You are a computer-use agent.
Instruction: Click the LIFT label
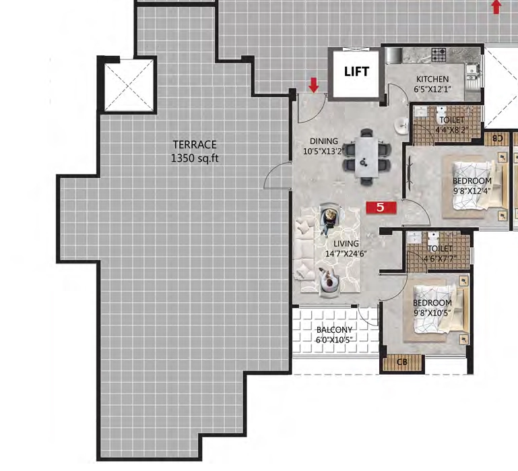point(356,71)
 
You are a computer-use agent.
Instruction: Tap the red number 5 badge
point(381,208)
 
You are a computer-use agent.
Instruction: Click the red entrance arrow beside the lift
point(313,85)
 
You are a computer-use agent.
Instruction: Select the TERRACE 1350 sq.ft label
point(195,152)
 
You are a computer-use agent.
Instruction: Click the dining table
point(366,158)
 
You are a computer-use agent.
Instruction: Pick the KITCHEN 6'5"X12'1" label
point(432,84)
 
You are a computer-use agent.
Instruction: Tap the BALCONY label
point(334,330)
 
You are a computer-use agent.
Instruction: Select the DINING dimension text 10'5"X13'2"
point(324,152)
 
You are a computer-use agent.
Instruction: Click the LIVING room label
point(346,244)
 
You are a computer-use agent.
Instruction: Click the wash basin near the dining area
point(402,126)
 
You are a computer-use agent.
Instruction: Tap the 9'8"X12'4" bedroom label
point(472,191)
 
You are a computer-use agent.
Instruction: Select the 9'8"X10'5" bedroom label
point(432,313)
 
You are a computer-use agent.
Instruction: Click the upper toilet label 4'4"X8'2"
point(451,129)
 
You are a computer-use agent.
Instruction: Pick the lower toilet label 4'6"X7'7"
point(440,258)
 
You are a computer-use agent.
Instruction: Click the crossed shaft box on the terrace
point(129,85)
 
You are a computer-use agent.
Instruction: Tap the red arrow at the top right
point(496,7)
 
